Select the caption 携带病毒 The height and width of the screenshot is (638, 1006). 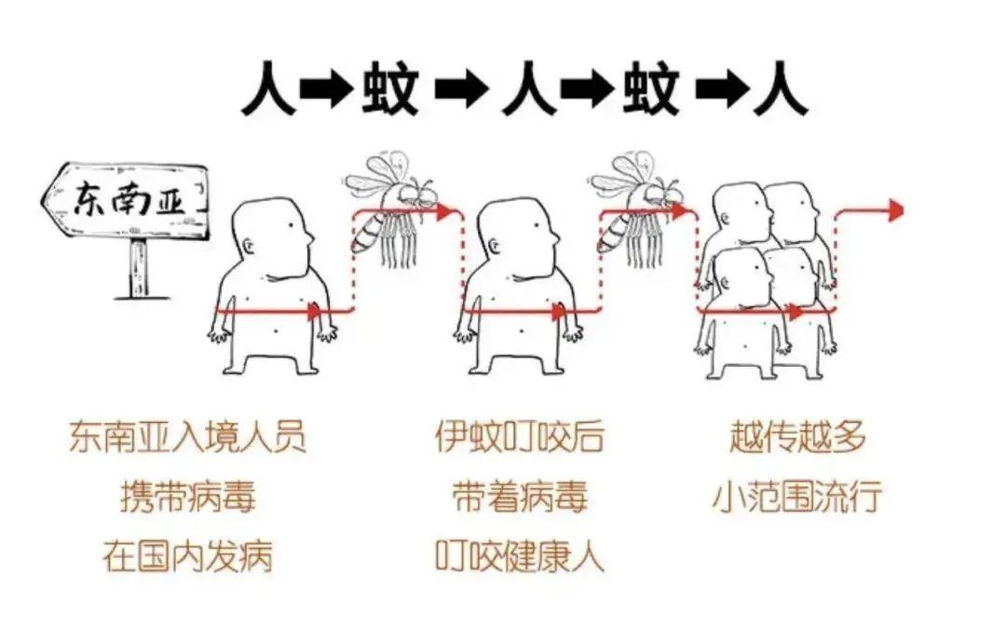pos(187,496)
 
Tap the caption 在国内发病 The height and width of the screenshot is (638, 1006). pos(187,556)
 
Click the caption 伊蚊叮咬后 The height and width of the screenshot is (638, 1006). pos(520,436)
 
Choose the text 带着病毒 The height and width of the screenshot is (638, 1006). pos(520,496)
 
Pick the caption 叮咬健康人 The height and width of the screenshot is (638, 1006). pos(520,556)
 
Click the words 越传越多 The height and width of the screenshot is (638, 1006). pos(797,436)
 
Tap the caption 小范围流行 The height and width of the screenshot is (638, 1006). pos(797,496)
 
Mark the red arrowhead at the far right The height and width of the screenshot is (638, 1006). pos(895,210)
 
